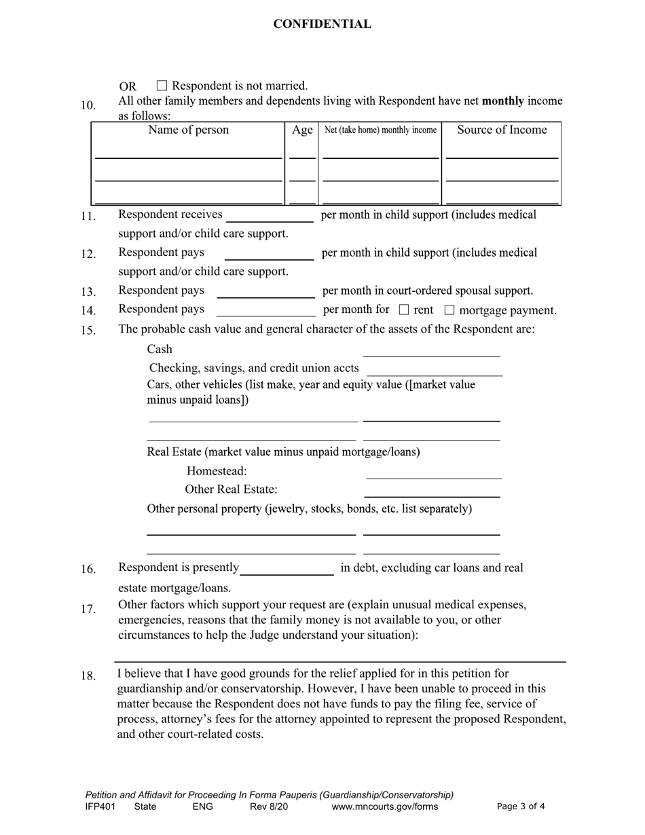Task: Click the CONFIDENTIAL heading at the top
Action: [x=322, y=24]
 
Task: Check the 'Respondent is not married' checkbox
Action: [x=162, y=86]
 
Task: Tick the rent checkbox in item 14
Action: [x=404, y=310]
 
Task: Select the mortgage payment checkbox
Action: [x=449, y=310]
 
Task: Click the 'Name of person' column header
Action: [x=188, y=130]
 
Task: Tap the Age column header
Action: [x=302, y=130]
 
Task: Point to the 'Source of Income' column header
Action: [x=502, y=130]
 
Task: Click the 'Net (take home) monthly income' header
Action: [x=380, y=130]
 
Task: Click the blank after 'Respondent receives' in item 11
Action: [x=270, y=217]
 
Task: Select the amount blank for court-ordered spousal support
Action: [x=265, y=293]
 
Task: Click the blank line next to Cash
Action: [x=431, y=351]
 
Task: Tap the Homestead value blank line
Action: [x=434, y=473]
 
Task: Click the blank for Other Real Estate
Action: [x=432, y=491]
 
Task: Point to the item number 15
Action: [x=88, y=331]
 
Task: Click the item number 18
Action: [x=88, y=676]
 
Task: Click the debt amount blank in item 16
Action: [x=287, y=570]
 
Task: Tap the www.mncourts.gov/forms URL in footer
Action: [x=384, y=807]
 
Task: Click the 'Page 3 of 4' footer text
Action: [x=521, y=807]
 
